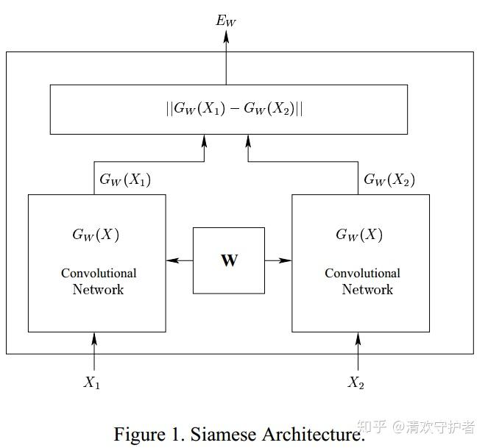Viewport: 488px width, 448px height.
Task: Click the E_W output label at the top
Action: [226, 20]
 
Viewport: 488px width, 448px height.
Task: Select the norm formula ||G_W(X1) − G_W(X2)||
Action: [234, 109]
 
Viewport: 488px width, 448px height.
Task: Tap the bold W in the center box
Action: [229, 260]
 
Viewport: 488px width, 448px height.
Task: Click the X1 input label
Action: [92, 383]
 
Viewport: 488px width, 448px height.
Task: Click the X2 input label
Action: [356, 383]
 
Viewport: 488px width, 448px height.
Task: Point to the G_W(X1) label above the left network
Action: [125, 179]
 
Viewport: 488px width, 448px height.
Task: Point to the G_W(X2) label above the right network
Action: [389, 179]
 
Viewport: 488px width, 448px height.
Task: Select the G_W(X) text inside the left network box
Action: [96, 235]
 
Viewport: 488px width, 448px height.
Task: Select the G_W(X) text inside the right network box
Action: [359, 235]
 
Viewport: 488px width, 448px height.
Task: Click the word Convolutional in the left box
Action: [99, 273]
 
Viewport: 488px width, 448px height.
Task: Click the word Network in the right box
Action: [367, 289]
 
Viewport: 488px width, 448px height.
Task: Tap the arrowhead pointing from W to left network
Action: [170, 260]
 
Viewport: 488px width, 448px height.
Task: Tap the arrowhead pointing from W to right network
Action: [287, 260]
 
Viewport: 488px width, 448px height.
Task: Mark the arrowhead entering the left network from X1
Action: [94, 338]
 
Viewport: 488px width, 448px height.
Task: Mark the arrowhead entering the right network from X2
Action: [358, 338]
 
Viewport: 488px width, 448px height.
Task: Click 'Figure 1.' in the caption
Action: [149, 433]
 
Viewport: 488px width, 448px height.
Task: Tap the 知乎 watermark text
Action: [372, 425]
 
